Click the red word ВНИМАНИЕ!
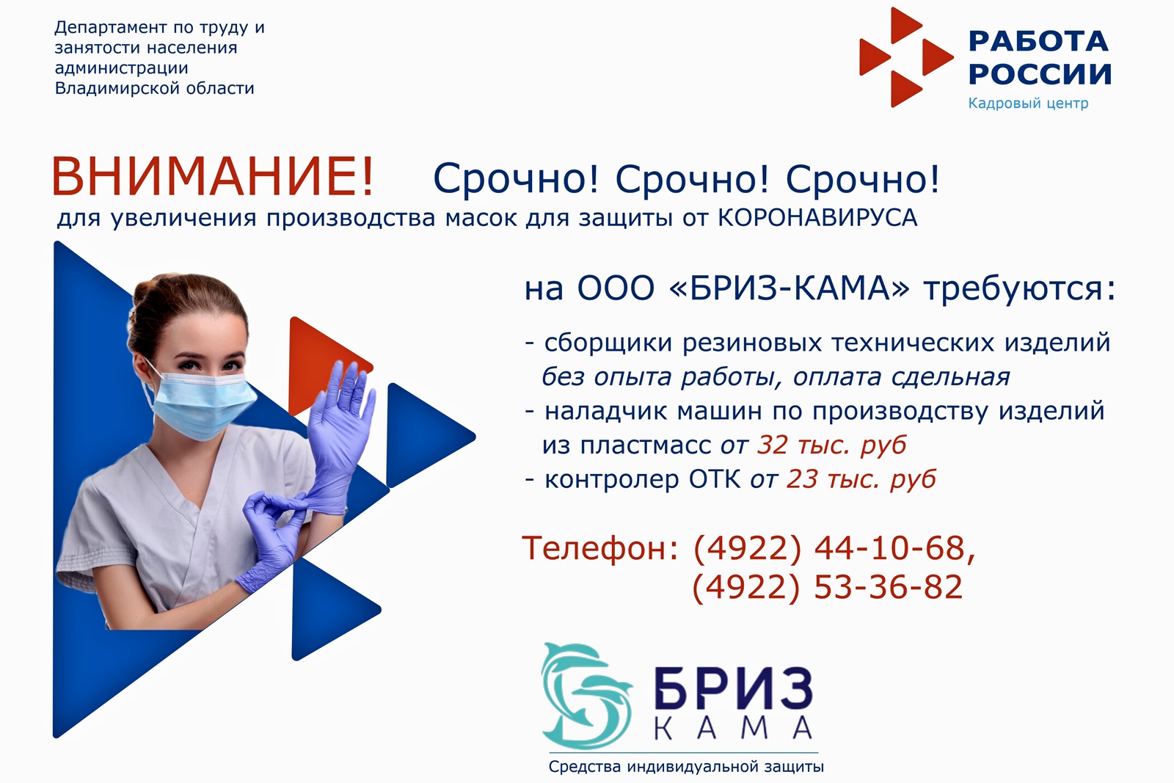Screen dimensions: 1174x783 point(212,177)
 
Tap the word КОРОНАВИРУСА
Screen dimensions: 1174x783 point(817,217)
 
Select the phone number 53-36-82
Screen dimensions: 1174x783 point(889,586)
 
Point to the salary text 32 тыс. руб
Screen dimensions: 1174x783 point(832,445)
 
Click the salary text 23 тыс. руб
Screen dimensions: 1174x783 point(861,479)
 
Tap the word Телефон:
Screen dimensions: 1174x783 point(601,548)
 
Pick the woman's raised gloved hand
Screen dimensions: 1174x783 point(340,419)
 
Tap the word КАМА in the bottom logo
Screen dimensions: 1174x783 point(733,727)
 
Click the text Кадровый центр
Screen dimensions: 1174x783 point(1028,103)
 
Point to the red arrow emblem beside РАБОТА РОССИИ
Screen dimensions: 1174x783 point(906,57)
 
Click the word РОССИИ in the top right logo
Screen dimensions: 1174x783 point(1040,74)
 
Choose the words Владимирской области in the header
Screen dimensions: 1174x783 point(155,88)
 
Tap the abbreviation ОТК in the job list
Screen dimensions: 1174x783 point(715,479)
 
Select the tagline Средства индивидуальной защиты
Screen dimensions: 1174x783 point(686,767)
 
